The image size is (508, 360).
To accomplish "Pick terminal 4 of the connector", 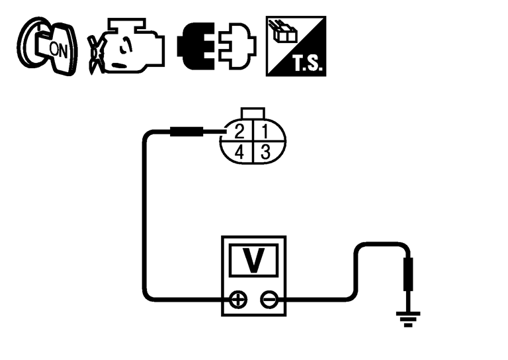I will pos(240,152).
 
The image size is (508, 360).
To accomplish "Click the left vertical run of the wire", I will pos(145,218).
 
